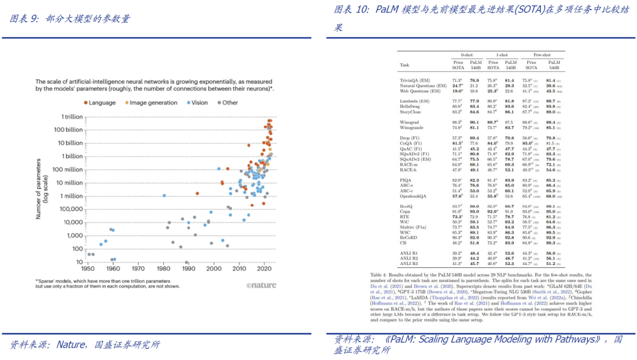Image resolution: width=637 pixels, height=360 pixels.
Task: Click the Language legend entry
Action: point(102,103)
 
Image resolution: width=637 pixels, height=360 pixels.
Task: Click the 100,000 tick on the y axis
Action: point(67,209)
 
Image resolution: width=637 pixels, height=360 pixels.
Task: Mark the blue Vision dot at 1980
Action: point(164,195)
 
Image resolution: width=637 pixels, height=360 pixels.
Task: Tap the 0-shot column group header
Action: point(467,54)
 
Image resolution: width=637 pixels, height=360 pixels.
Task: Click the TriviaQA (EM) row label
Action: point(416,80)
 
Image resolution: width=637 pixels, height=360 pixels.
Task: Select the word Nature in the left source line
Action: point(71,345)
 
